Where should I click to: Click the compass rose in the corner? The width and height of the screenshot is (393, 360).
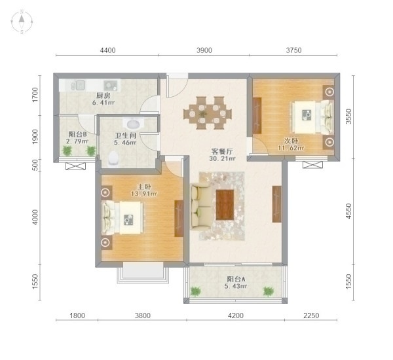pos(22,22)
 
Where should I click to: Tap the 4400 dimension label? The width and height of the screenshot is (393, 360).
pos(108,50)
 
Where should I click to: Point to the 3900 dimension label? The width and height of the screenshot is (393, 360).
pos(204,50)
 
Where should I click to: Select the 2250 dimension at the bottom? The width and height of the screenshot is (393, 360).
pos(311,315)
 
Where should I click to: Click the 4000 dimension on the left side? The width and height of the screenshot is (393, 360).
pos(35,217)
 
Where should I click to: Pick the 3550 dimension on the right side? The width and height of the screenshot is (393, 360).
pos(348,117)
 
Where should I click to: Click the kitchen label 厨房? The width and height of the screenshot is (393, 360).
pos(103,96)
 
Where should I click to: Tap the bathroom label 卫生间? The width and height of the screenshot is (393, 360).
pos(126,135)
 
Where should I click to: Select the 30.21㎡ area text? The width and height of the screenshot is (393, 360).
pos(223,158)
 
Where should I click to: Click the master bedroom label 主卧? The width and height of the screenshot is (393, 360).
pos(144,187)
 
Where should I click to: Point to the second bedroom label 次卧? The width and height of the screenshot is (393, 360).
pos(291,140)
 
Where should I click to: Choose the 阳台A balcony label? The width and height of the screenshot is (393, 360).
pos(236,279)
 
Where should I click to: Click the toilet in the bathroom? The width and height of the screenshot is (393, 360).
pos(113,158)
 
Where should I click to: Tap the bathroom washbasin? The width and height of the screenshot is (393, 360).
pos(133,123)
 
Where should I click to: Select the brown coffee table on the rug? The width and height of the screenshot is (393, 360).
pos(225,205)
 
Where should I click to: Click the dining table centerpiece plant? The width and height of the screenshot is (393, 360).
pos(202,114)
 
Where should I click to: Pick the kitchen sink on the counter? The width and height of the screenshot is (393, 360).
pos(77,85)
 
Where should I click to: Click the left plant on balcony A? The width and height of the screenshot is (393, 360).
pos(195,291)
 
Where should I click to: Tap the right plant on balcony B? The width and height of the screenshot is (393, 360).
pos(91,151)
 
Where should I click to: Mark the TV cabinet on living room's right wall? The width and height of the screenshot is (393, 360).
pos(276,204)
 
